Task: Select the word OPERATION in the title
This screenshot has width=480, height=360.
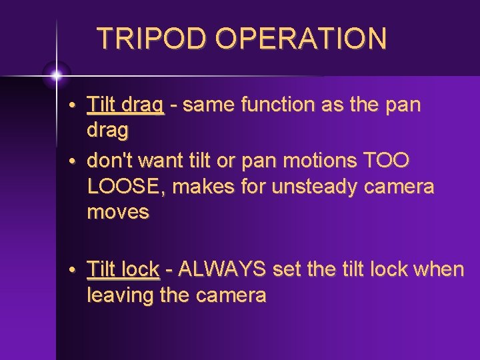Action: (301, 39)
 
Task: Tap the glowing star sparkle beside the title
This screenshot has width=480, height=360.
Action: (57, 75)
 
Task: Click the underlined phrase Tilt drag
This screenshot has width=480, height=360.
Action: (125, 105)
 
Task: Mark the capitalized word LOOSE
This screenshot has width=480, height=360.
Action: (127, 187)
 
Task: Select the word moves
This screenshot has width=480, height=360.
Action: (119, 213)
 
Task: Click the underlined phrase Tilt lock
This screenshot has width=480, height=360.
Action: (123, 269)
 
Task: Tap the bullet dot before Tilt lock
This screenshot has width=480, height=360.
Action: (79, 271)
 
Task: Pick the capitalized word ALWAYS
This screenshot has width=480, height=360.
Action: (222, 269)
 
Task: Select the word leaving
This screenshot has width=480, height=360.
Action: (120, 295)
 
